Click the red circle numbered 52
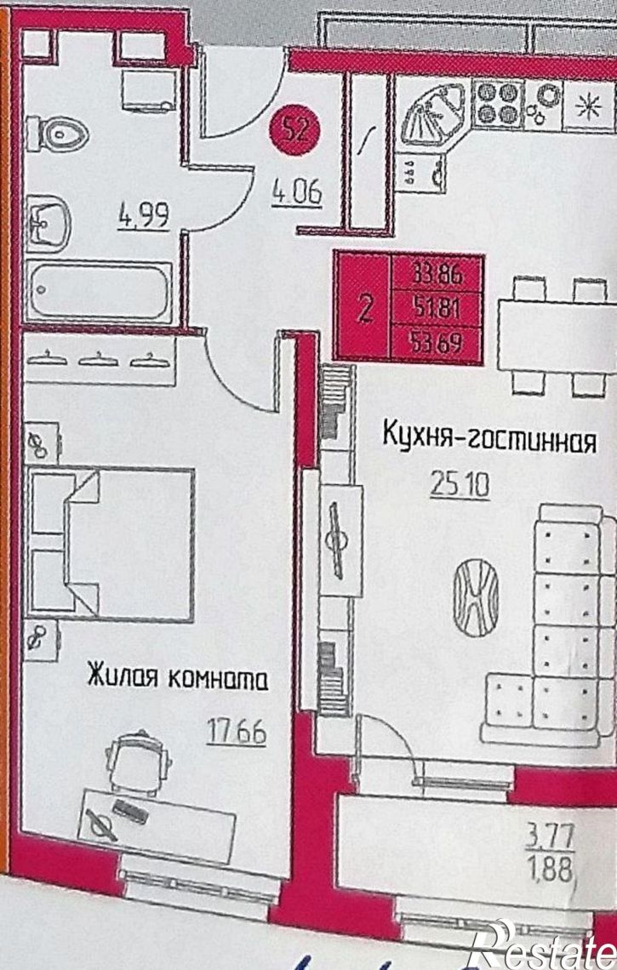point(294,133)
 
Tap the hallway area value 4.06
point(295,195)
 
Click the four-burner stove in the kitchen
point(496,103)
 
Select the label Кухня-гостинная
point(487,440)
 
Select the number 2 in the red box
point(363,309)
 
